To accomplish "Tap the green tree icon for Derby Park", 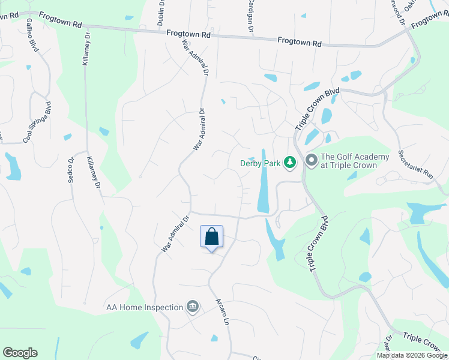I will point(290,162).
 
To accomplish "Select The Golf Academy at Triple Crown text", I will point(349,161).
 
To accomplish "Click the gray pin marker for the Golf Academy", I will point(311,160).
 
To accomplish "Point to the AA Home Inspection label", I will point(144,307).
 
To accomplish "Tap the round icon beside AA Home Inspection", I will point(193,307).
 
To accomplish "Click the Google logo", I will point(20,353).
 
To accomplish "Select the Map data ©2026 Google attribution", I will point(411,355).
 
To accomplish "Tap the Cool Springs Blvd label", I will point(37,122).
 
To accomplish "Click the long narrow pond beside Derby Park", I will point(263,180).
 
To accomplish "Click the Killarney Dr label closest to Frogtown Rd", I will point(85,48).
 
